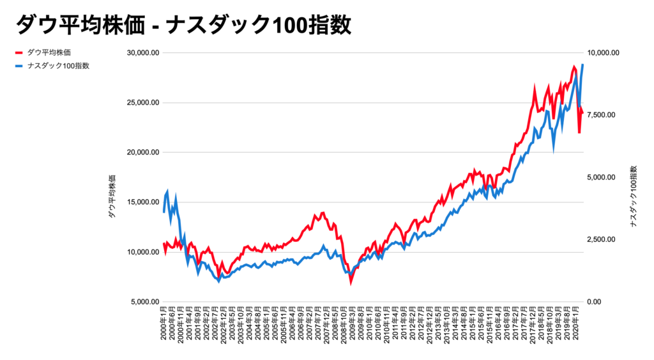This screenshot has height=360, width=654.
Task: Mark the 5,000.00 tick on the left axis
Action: [x=142, y=302]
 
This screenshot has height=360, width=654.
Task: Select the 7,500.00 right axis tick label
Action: [x=602, y=115]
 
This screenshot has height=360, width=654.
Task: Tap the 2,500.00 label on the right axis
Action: [x=602, y=239]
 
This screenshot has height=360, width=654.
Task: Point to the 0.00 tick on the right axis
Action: [x=595, y=302]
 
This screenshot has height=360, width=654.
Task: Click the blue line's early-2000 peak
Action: [x=167, y=191]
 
